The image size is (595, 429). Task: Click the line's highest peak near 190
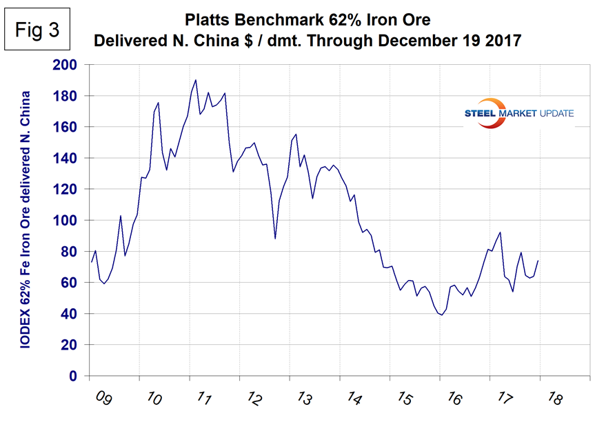tap(196, 80)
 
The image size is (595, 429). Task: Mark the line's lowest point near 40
tap(441, 315)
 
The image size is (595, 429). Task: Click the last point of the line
tap(538, 260)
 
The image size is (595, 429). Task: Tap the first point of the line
tap(91, 262)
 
